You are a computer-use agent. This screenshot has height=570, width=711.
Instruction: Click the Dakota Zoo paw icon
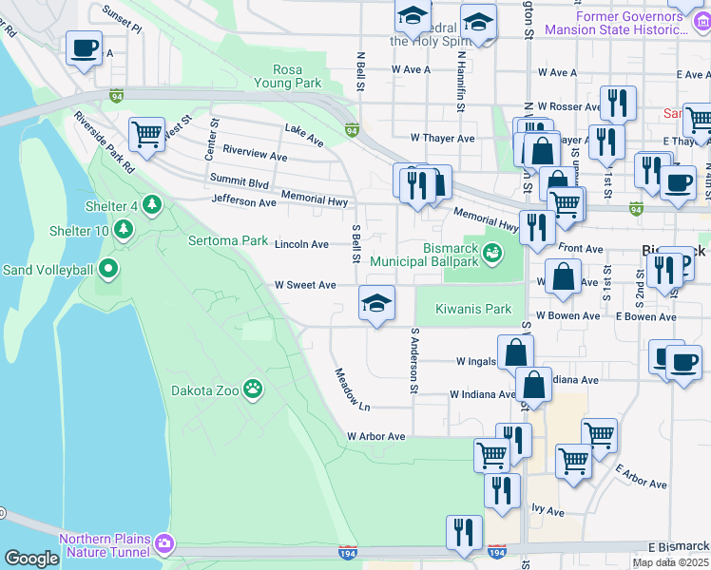[x=253, y=388]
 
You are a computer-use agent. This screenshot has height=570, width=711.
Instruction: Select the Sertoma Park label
[x=228, y=240]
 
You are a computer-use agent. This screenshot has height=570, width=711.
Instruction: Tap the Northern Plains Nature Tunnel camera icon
[x=165, y=543]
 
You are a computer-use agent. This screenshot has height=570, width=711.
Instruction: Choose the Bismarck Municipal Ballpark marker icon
[x=492, y=253]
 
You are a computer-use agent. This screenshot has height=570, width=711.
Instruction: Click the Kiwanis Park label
[x=473, y=309]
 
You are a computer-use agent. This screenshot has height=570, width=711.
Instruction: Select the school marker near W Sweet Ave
[x=376, y=304]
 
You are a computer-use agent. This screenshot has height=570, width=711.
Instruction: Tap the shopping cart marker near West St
[x=146, y=134]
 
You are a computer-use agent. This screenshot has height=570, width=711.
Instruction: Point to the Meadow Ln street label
[x=351, y=390]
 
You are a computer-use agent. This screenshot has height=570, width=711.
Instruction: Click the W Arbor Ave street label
[x=375, y=436]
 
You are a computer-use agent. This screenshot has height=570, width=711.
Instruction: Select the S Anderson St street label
[x=414, y=362]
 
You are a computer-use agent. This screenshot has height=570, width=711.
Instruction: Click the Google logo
[x=31, y=559]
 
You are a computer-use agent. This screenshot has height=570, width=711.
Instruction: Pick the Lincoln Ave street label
[x=301, y=244]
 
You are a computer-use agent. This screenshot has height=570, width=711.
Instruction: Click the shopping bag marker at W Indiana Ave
[x=534, y=385]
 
